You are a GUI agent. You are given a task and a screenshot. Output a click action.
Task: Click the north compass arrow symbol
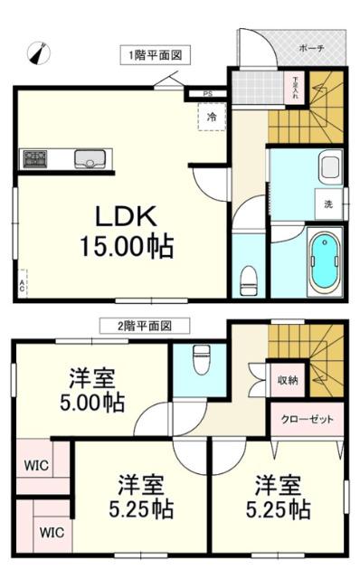coord(37,54)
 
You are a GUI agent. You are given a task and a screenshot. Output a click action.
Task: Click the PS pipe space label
coord(208,93)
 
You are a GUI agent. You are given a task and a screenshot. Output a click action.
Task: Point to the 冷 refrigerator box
coord(211,117)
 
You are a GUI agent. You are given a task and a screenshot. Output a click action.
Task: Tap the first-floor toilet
coord(246,280)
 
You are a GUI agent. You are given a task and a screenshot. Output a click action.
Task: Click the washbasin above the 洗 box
coord(329,168)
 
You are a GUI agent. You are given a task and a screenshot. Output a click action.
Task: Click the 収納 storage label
coord(288,380)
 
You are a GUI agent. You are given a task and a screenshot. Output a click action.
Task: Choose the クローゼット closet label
coord(308,420)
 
